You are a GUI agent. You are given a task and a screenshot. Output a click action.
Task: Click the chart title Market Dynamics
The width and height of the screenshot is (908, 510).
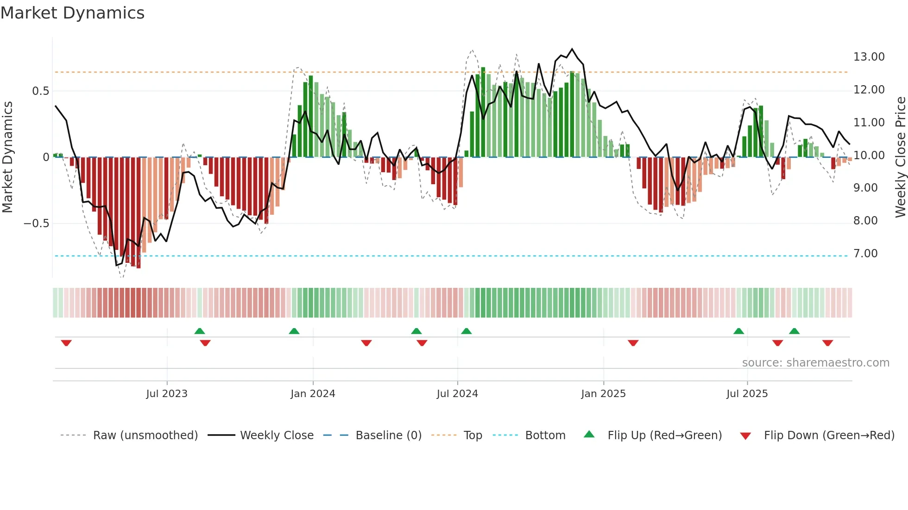(x=72, y=13)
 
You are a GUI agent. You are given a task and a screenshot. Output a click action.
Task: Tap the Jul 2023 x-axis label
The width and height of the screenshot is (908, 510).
(x=167, y=394)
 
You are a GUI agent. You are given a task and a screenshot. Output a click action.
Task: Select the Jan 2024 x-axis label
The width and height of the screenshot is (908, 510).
(x=313, y=394)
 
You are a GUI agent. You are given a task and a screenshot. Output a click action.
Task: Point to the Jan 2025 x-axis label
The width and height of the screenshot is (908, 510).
(x=603, y=394)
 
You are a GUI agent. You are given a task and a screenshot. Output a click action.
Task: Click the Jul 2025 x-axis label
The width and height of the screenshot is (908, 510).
(x=747, y=394)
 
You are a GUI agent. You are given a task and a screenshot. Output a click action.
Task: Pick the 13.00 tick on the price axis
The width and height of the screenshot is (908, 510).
(x=869, y=57)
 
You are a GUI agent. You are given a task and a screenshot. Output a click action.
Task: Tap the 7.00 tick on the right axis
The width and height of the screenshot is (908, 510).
(x=865, y=254)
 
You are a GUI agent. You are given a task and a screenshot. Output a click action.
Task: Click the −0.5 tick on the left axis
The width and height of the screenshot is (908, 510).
(x=36, y=224)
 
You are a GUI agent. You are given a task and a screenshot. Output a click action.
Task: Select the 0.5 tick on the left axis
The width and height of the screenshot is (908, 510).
(x=40, y=91)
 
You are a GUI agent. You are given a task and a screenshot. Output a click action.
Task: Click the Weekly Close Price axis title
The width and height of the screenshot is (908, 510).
(x=900, y=157)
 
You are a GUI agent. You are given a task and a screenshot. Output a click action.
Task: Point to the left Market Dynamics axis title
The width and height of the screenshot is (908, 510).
(x=7, y=157)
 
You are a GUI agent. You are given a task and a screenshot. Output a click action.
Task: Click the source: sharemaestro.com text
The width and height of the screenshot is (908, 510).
(x=815, y=363)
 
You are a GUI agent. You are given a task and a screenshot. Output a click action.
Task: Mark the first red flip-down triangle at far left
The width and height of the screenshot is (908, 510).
(x=66, y=343)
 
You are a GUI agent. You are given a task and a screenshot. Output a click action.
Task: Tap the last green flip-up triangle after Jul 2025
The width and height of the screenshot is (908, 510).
(x=794, y=331)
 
